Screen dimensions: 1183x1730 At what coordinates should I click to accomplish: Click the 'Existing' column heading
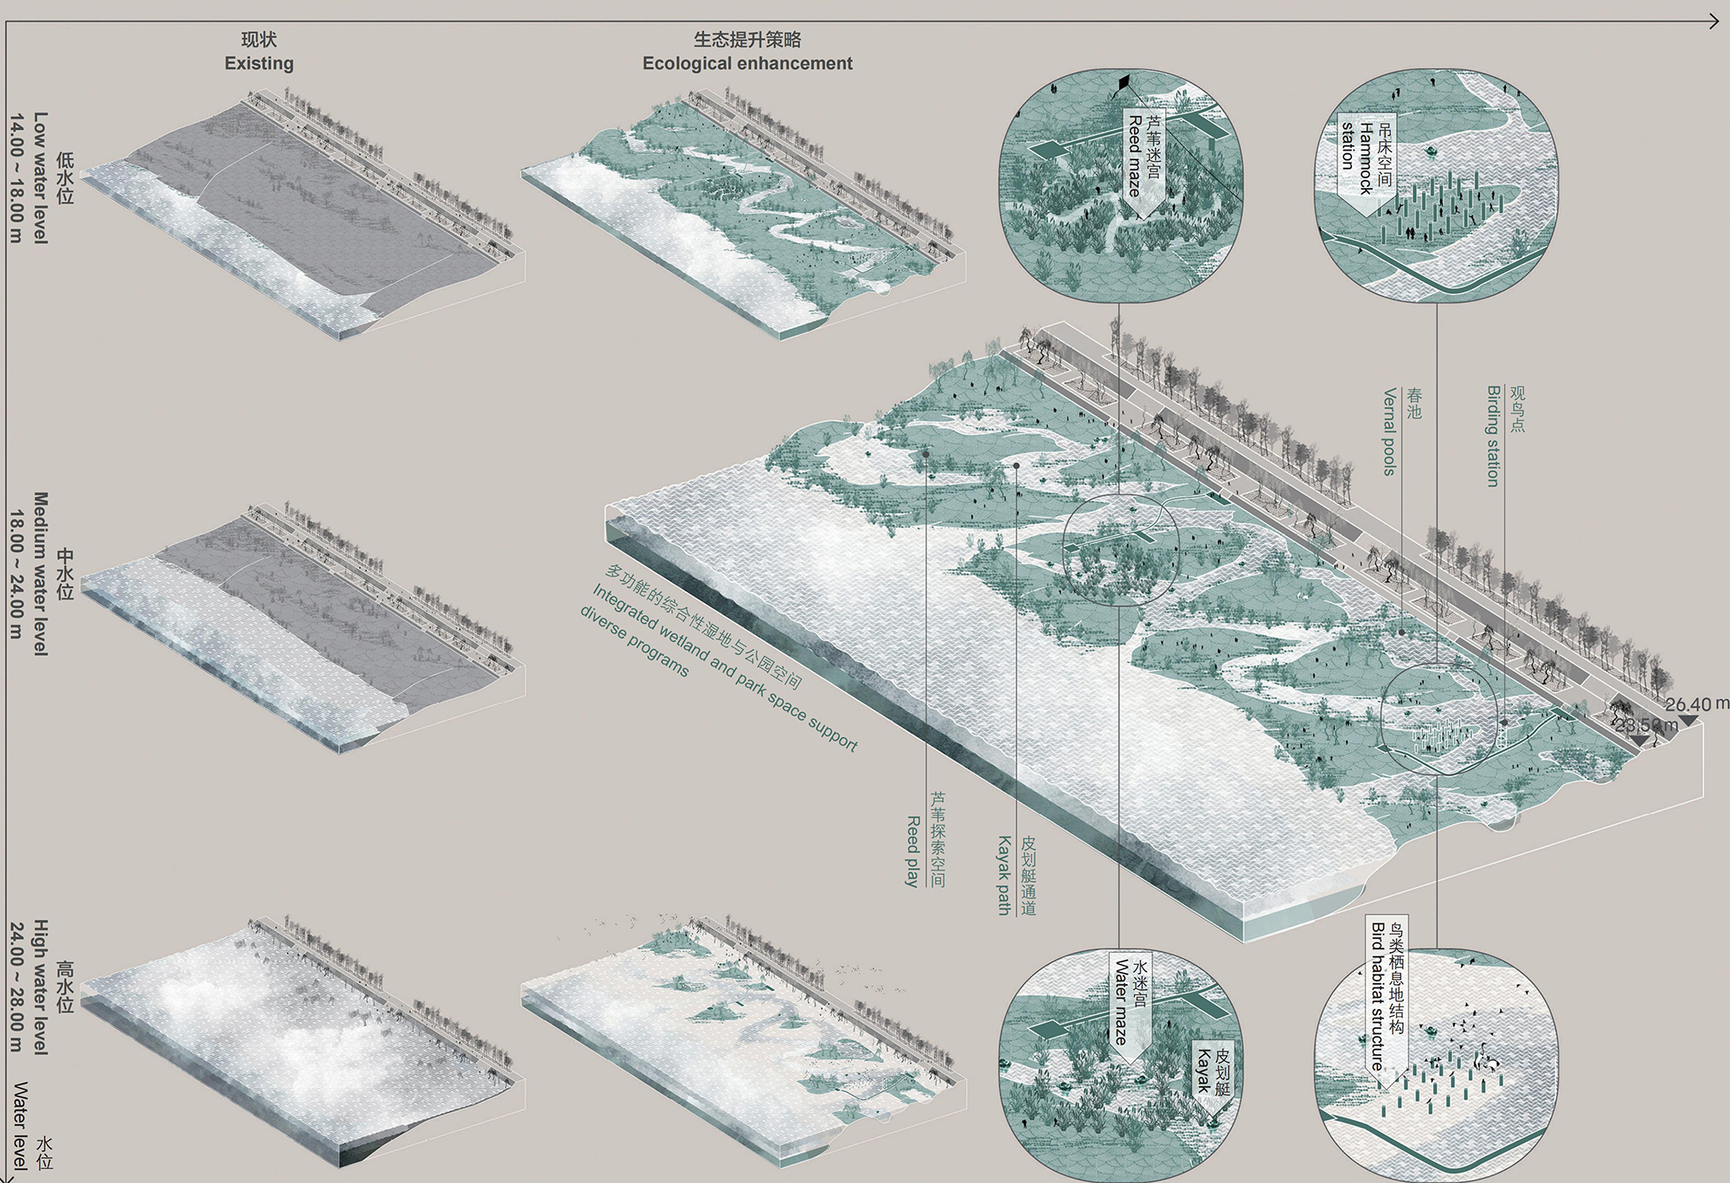259,63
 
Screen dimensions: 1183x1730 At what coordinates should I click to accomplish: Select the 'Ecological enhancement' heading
747,63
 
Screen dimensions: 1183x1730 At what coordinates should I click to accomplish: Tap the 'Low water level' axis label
40,177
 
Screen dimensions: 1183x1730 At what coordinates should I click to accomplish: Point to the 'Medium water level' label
40,574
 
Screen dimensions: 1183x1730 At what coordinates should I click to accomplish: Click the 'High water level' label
40,987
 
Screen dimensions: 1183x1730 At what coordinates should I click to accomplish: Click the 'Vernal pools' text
1389,432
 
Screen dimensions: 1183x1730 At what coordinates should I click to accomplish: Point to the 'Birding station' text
1492,436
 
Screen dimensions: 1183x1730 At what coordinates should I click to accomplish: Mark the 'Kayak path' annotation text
1004,875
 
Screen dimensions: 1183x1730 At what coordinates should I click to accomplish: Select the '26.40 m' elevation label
1695,704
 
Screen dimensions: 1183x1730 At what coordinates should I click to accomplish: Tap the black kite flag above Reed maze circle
1124,83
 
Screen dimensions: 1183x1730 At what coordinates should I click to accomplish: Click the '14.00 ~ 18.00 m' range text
16,177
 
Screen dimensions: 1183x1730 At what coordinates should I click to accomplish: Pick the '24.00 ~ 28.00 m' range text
16,987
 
